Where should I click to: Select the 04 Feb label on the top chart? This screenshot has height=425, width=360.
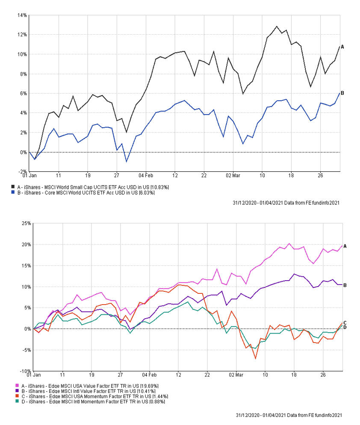[x=146, y=176]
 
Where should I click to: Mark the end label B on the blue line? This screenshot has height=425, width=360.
[x=342, y=93]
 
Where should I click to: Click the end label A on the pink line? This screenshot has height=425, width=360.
[x=345, y=246]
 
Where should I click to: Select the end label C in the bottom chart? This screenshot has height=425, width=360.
[x=345, y=323]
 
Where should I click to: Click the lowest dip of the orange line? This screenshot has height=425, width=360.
[x=256, y=358]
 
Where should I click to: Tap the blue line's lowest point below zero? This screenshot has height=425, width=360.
[x=126, y=161]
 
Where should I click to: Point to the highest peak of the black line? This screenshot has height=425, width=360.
[x=277, y=26]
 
